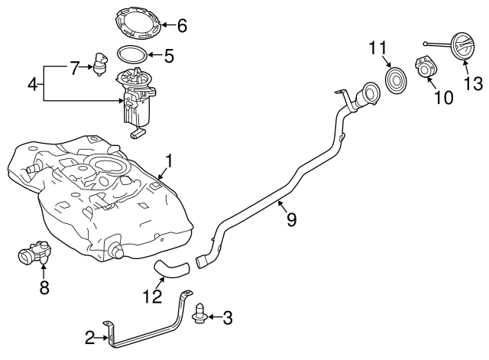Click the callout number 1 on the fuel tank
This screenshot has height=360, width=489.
pos(169,161)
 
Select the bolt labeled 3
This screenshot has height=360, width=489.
pos(201,316)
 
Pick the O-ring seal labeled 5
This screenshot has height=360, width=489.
pos(131,55)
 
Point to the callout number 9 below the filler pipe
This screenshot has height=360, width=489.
pos(291,219)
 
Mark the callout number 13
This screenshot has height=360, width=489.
pos(473,83)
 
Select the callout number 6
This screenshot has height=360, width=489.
pos(181,26)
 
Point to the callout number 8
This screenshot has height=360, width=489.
pos(44,288)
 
